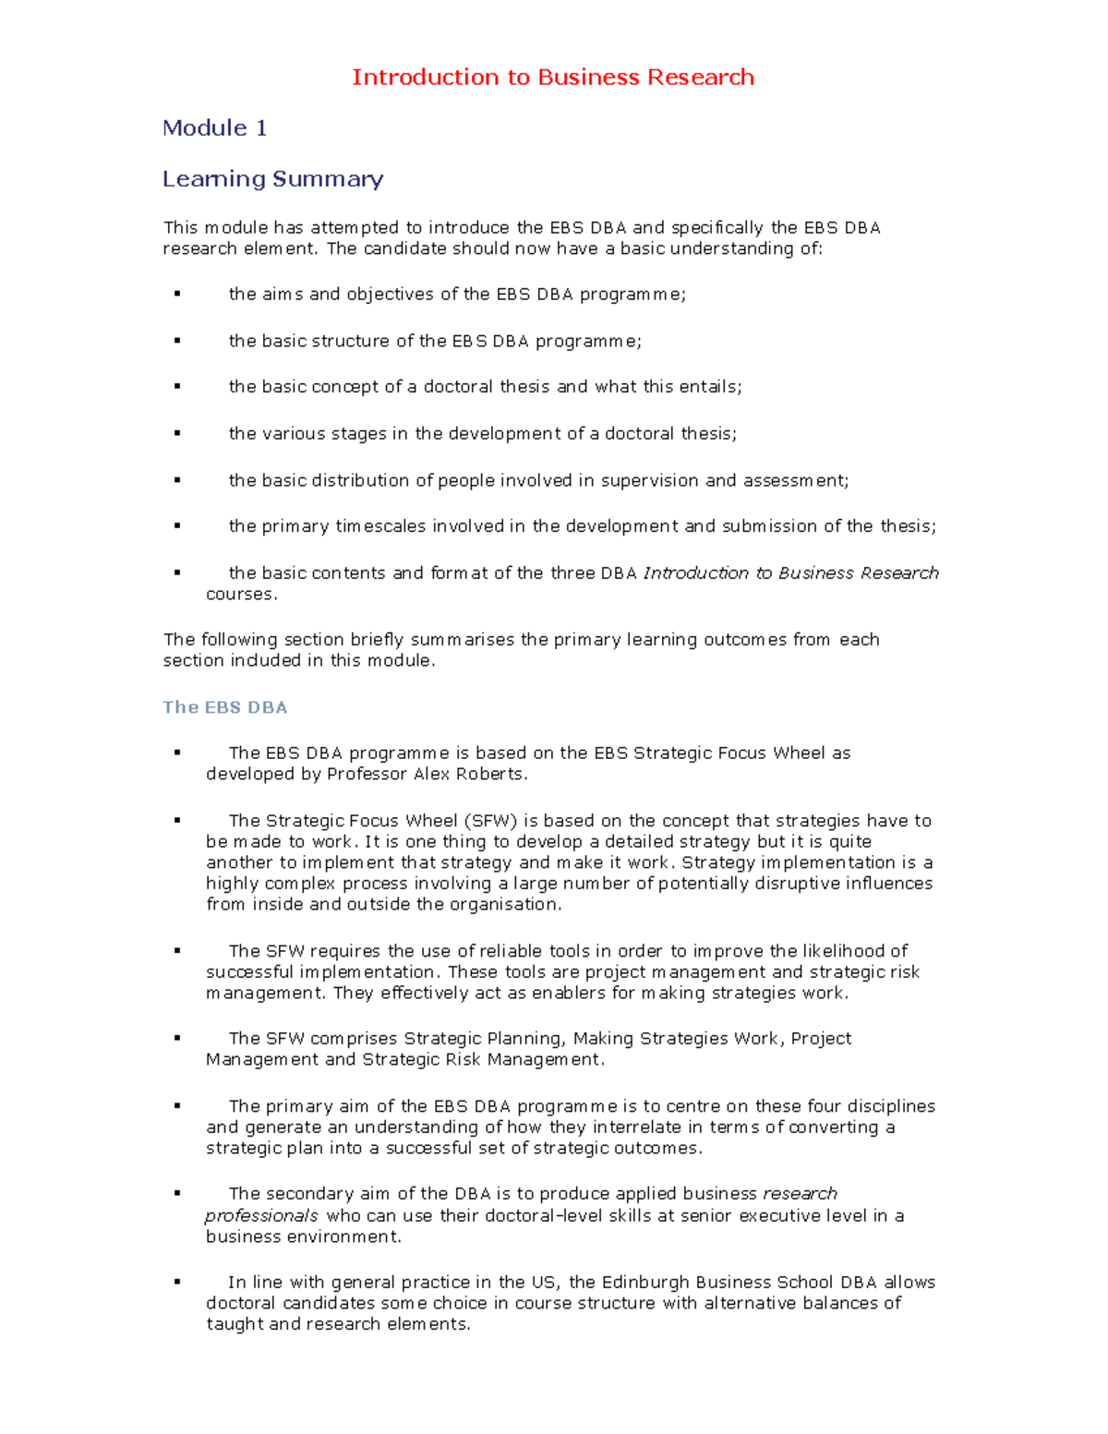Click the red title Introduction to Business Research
point(552,77)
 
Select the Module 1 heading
point(214,127)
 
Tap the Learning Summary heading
point(272,178)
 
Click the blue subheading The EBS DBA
point(224,707)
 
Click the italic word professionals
point(261,1215)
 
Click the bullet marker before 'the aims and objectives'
point(176,295)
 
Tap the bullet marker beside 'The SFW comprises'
point(176,1039)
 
